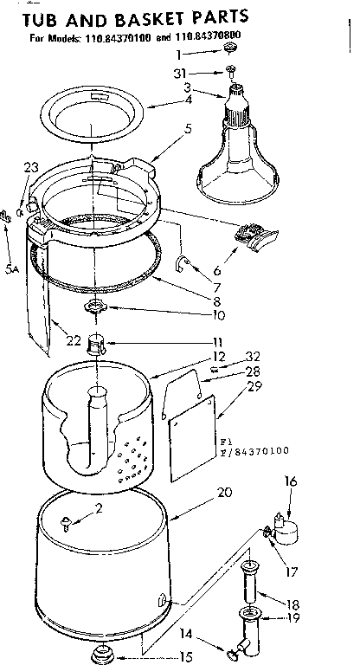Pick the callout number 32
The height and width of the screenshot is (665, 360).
click(253, 355)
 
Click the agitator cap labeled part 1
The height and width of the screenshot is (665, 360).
click(231, 54)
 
